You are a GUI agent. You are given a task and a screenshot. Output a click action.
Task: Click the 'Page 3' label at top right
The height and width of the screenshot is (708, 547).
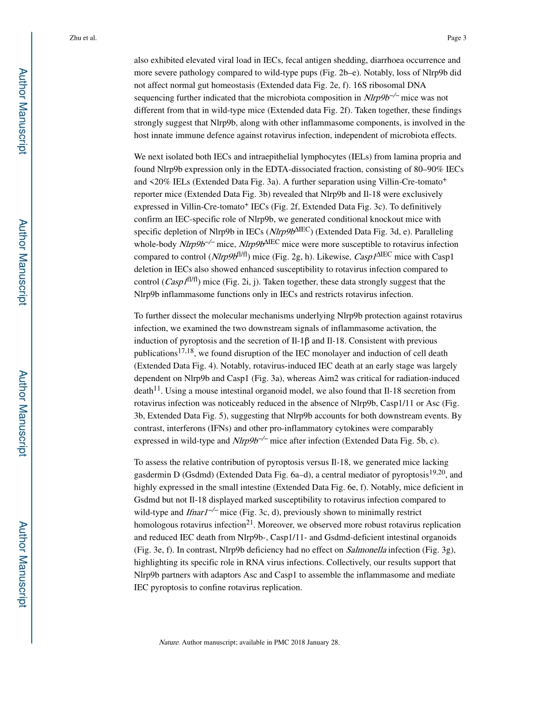point(456,38)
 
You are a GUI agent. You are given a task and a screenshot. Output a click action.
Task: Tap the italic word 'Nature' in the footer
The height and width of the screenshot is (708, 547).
point(169,642)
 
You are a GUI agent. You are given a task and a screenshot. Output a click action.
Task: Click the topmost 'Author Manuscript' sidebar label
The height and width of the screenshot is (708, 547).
point(22,111)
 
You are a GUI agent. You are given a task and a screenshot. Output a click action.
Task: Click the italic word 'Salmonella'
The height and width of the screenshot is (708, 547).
point(366,550)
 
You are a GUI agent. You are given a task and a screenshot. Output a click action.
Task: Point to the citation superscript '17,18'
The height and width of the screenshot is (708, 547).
point(186,351)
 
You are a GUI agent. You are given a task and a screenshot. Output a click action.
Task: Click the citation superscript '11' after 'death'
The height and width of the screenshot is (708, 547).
point(157,388)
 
